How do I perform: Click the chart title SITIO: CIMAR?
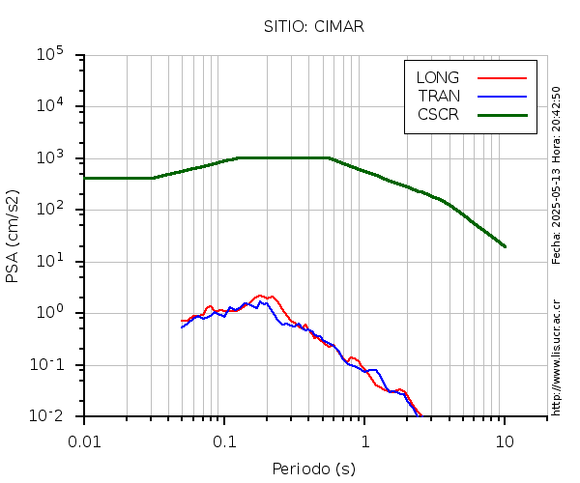[313, 26]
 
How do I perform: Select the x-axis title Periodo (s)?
[313, 469]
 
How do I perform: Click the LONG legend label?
[438, 77]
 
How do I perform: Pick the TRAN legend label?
[439, 96]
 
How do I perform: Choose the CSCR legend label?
[438, 114]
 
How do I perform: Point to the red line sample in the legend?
[503, 77]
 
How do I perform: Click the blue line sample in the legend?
[503, 96]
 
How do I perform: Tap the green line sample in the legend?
[503, 114]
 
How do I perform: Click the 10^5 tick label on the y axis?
[49, 55]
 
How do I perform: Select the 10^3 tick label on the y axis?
[49, 158]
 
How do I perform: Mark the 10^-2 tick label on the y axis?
[47, 416]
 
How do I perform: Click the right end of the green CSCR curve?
[505, 246]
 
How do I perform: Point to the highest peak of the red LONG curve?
[259, 296]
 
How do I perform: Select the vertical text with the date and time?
[556, 175]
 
